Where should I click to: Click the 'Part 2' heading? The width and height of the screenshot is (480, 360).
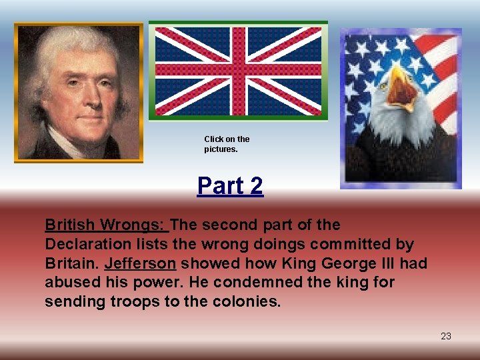tap(230, 186)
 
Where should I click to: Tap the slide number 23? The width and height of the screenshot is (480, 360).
tap(446, 336)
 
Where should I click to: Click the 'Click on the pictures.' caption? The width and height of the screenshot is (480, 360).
tap(227, 144)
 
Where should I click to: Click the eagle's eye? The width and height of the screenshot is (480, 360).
tap(384, 85)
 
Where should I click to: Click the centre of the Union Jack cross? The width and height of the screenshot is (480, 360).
tap(237, 70)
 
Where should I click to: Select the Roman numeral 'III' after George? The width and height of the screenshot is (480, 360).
tap(377, 263)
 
